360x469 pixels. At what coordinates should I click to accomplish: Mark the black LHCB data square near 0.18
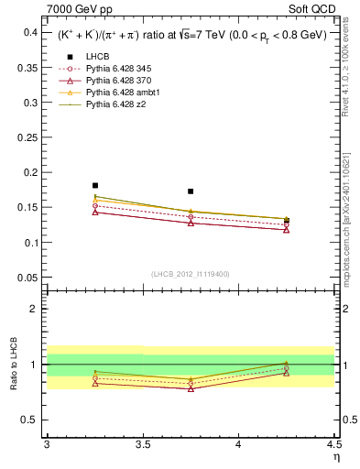tap(95, 185)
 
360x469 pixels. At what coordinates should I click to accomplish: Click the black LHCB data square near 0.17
tap(191, 191)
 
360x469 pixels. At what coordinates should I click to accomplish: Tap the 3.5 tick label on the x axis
tap(142, 445)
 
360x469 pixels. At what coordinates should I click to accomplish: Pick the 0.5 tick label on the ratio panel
tap(29, 420)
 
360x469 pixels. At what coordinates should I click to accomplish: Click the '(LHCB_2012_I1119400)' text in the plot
tap(191, 273)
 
